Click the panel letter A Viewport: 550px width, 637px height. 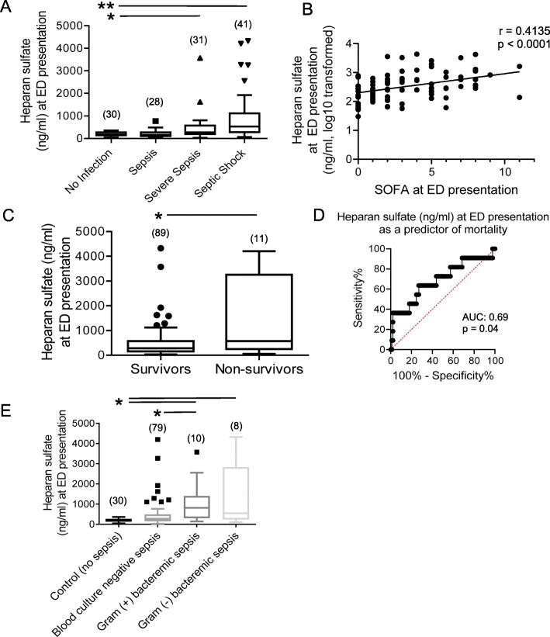coord(9,9)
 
